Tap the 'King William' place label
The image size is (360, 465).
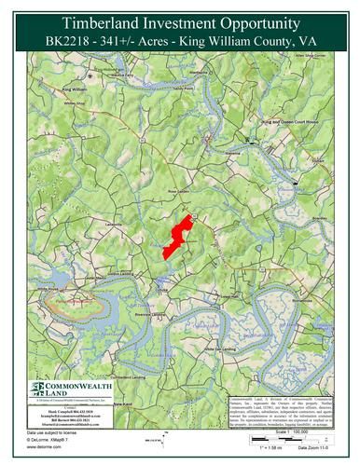tap(79, 89)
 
